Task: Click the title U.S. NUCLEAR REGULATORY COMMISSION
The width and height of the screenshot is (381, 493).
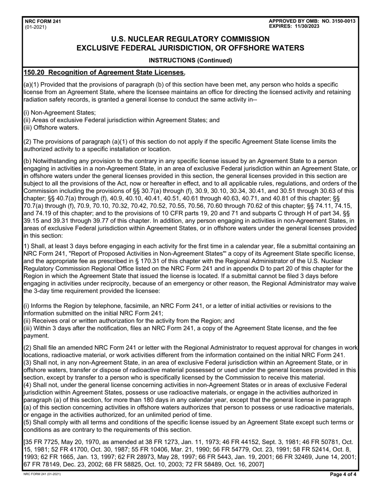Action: point(190,39)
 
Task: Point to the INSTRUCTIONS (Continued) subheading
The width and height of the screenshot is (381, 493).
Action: point(190,61)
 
